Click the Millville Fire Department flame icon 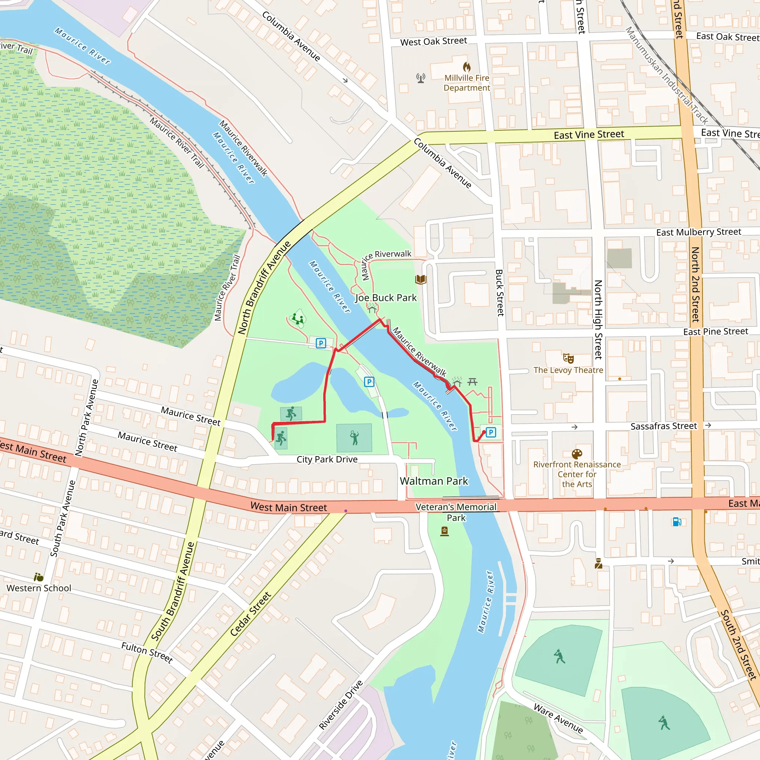(466, 66)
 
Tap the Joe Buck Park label (386, 298)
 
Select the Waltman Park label (434, 481)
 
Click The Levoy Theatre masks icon (568, 358)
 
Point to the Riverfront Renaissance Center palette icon (577, 454)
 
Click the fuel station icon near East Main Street (677, 522)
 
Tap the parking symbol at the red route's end (491, 432)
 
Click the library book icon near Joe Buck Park (420, 280)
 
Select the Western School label (39, 588)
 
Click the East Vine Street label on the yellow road (589, 135)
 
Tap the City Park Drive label (327, 459)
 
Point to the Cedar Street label (250, 614)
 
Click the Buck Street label (499, 293)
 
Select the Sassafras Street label (664, 426)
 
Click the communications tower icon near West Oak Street (420, 78)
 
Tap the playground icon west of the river (298, 318)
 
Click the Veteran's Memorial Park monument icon (445, 531)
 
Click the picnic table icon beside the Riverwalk (472, 381)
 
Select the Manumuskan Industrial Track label (666, 75)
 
